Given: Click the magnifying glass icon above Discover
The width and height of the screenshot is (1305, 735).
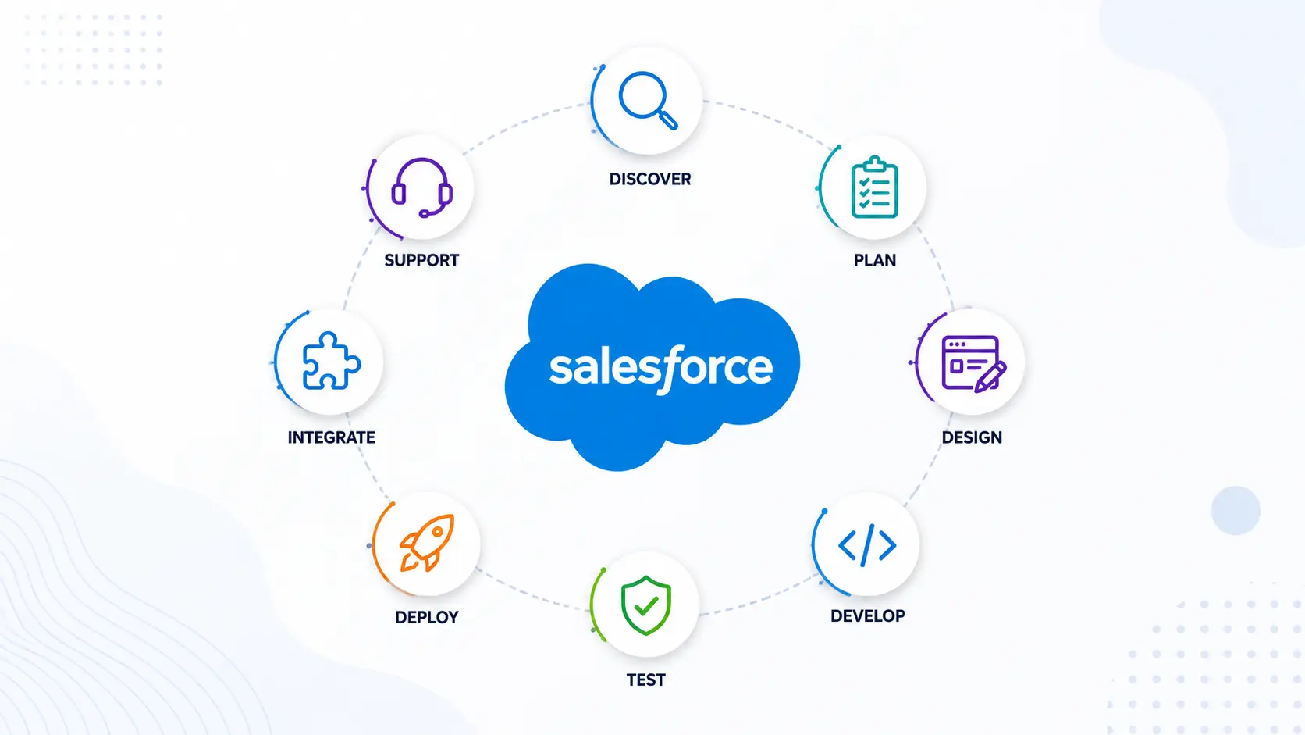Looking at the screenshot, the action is tap(647, 100).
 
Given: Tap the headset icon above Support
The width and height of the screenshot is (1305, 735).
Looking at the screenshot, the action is tap(421, 187).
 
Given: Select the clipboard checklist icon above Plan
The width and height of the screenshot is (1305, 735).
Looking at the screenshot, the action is tap(874, 187).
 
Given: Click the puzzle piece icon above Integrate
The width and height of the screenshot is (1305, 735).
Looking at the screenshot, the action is tap(331, 361).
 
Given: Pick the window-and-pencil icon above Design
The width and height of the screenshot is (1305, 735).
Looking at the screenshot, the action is tap(973, 363).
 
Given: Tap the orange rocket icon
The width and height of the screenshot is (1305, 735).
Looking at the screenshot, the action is tap(426, 542).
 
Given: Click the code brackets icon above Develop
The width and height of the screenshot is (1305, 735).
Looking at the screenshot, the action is tap(867, 545).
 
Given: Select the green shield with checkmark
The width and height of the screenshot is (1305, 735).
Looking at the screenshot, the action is tap(645, 605).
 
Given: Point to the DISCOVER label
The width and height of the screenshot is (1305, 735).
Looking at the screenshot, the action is tap(650, 179).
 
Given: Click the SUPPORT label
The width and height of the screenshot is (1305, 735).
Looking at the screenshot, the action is tap(421, 260).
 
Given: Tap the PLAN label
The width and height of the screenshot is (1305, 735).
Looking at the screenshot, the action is tap(875, 260).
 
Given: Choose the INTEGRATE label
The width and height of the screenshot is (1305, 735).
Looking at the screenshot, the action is tap(332, 437).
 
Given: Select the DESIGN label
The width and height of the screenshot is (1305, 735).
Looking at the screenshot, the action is tap(972, 437).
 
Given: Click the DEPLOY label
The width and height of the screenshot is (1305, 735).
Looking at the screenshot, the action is tap(426, 617).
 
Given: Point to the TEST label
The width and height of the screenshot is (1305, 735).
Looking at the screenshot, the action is tap(645, 680).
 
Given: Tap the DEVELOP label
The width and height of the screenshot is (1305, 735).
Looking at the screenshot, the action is tap(867, 616).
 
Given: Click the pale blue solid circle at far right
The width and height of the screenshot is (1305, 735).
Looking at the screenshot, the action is tap(1236, 511).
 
